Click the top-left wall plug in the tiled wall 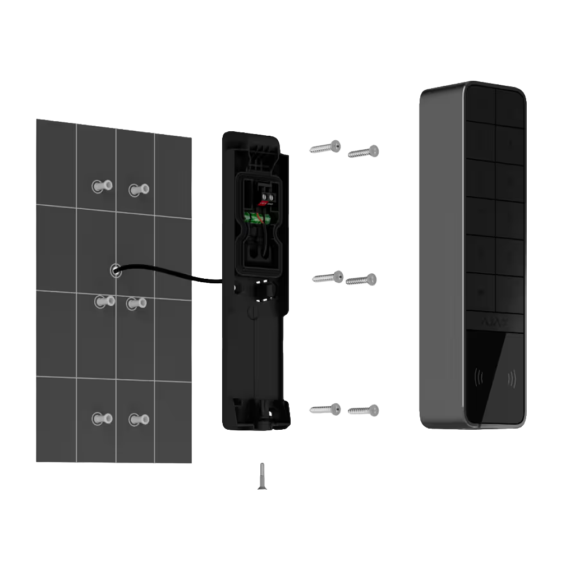[103, 186]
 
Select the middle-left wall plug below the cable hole [104, 301]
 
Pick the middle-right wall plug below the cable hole [136, 304]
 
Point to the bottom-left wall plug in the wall [102, 418]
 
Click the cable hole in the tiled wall [115, 270]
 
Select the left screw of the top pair [325, 148]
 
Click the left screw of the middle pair [328, 277]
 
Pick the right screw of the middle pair [361, 279]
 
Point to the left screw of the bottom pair [325, 409]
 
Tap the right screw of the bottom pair [363, 411]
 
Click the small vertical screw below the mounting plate [261, 476]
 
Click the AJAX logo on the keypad [495, 323]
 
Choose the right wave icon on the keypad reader [511, 379]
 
